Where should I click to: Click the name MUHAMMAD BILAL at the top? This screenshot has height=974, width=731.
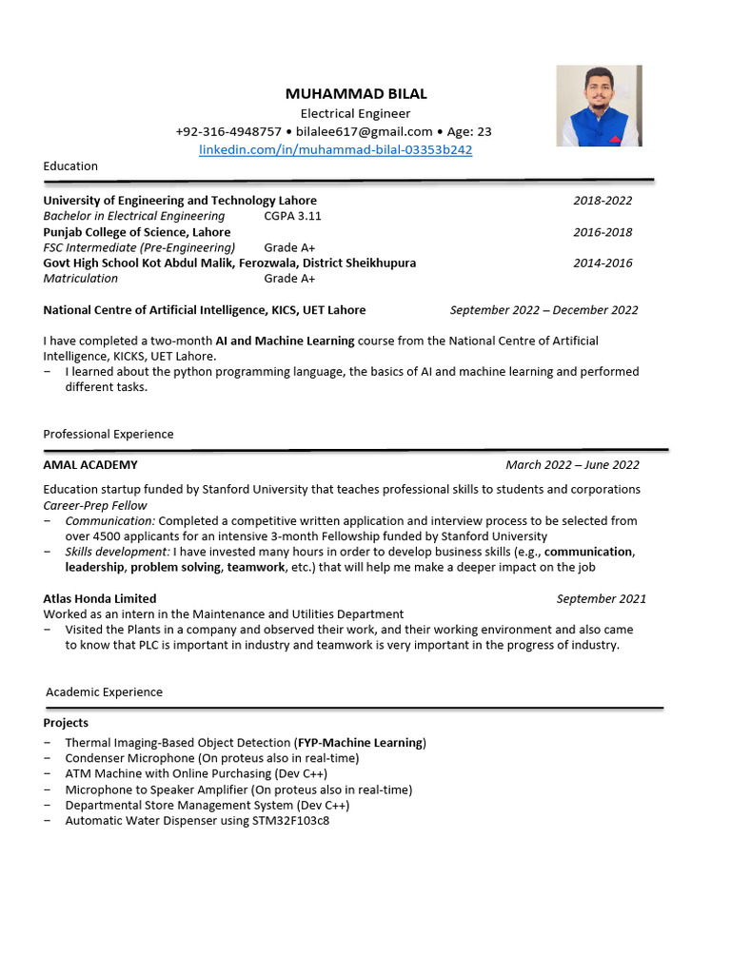(356, 94)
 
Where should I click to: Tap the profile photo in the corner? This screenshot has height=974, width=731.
(599, 106)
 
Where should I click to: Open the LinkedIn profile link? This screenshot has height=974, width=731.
(335, 150)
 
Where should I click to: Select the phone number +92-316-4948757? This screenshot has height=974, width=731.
(228, 131)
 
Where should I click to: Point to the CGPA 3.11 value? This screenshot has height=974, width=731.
(292, 216)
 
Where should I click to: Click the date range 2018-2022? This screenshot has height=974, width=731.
(602, 201)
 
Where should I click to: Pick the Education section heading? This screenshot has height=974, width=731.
(70, 166)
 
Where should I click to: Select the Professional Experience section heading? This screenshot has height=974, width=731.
(109, 435)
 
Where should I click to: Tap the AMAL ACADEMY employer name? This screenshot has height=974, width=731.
(90, 465)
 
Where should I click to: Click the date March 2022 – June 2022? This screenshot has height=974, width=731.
(572, 465)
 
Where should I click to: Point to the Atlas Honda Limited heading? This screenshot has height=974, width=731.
(100, 599)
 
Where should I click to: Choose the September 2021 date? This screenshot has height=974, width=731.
(601, 599)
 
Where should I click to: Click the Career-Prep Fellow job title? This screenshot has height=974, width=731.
(95, 506)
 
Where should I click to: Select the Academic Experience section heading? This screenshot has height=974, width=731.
(104, 692)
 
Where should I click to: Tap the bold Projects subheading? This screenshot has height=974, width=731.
(66, 723)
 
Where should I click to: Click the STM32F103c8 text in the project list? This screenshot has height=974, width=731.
(290, 821)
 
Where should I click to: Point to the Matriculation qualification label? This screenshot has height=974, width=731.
(81, 279)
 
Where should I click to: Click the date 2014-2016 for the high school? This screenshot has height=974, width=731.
(602, 263)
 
